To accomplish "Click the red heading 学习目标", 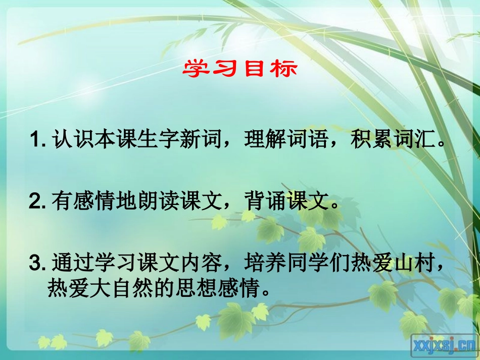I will click(x=240, y=69).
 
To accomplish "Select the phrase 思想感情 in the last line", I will click(x=216, y=289).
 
